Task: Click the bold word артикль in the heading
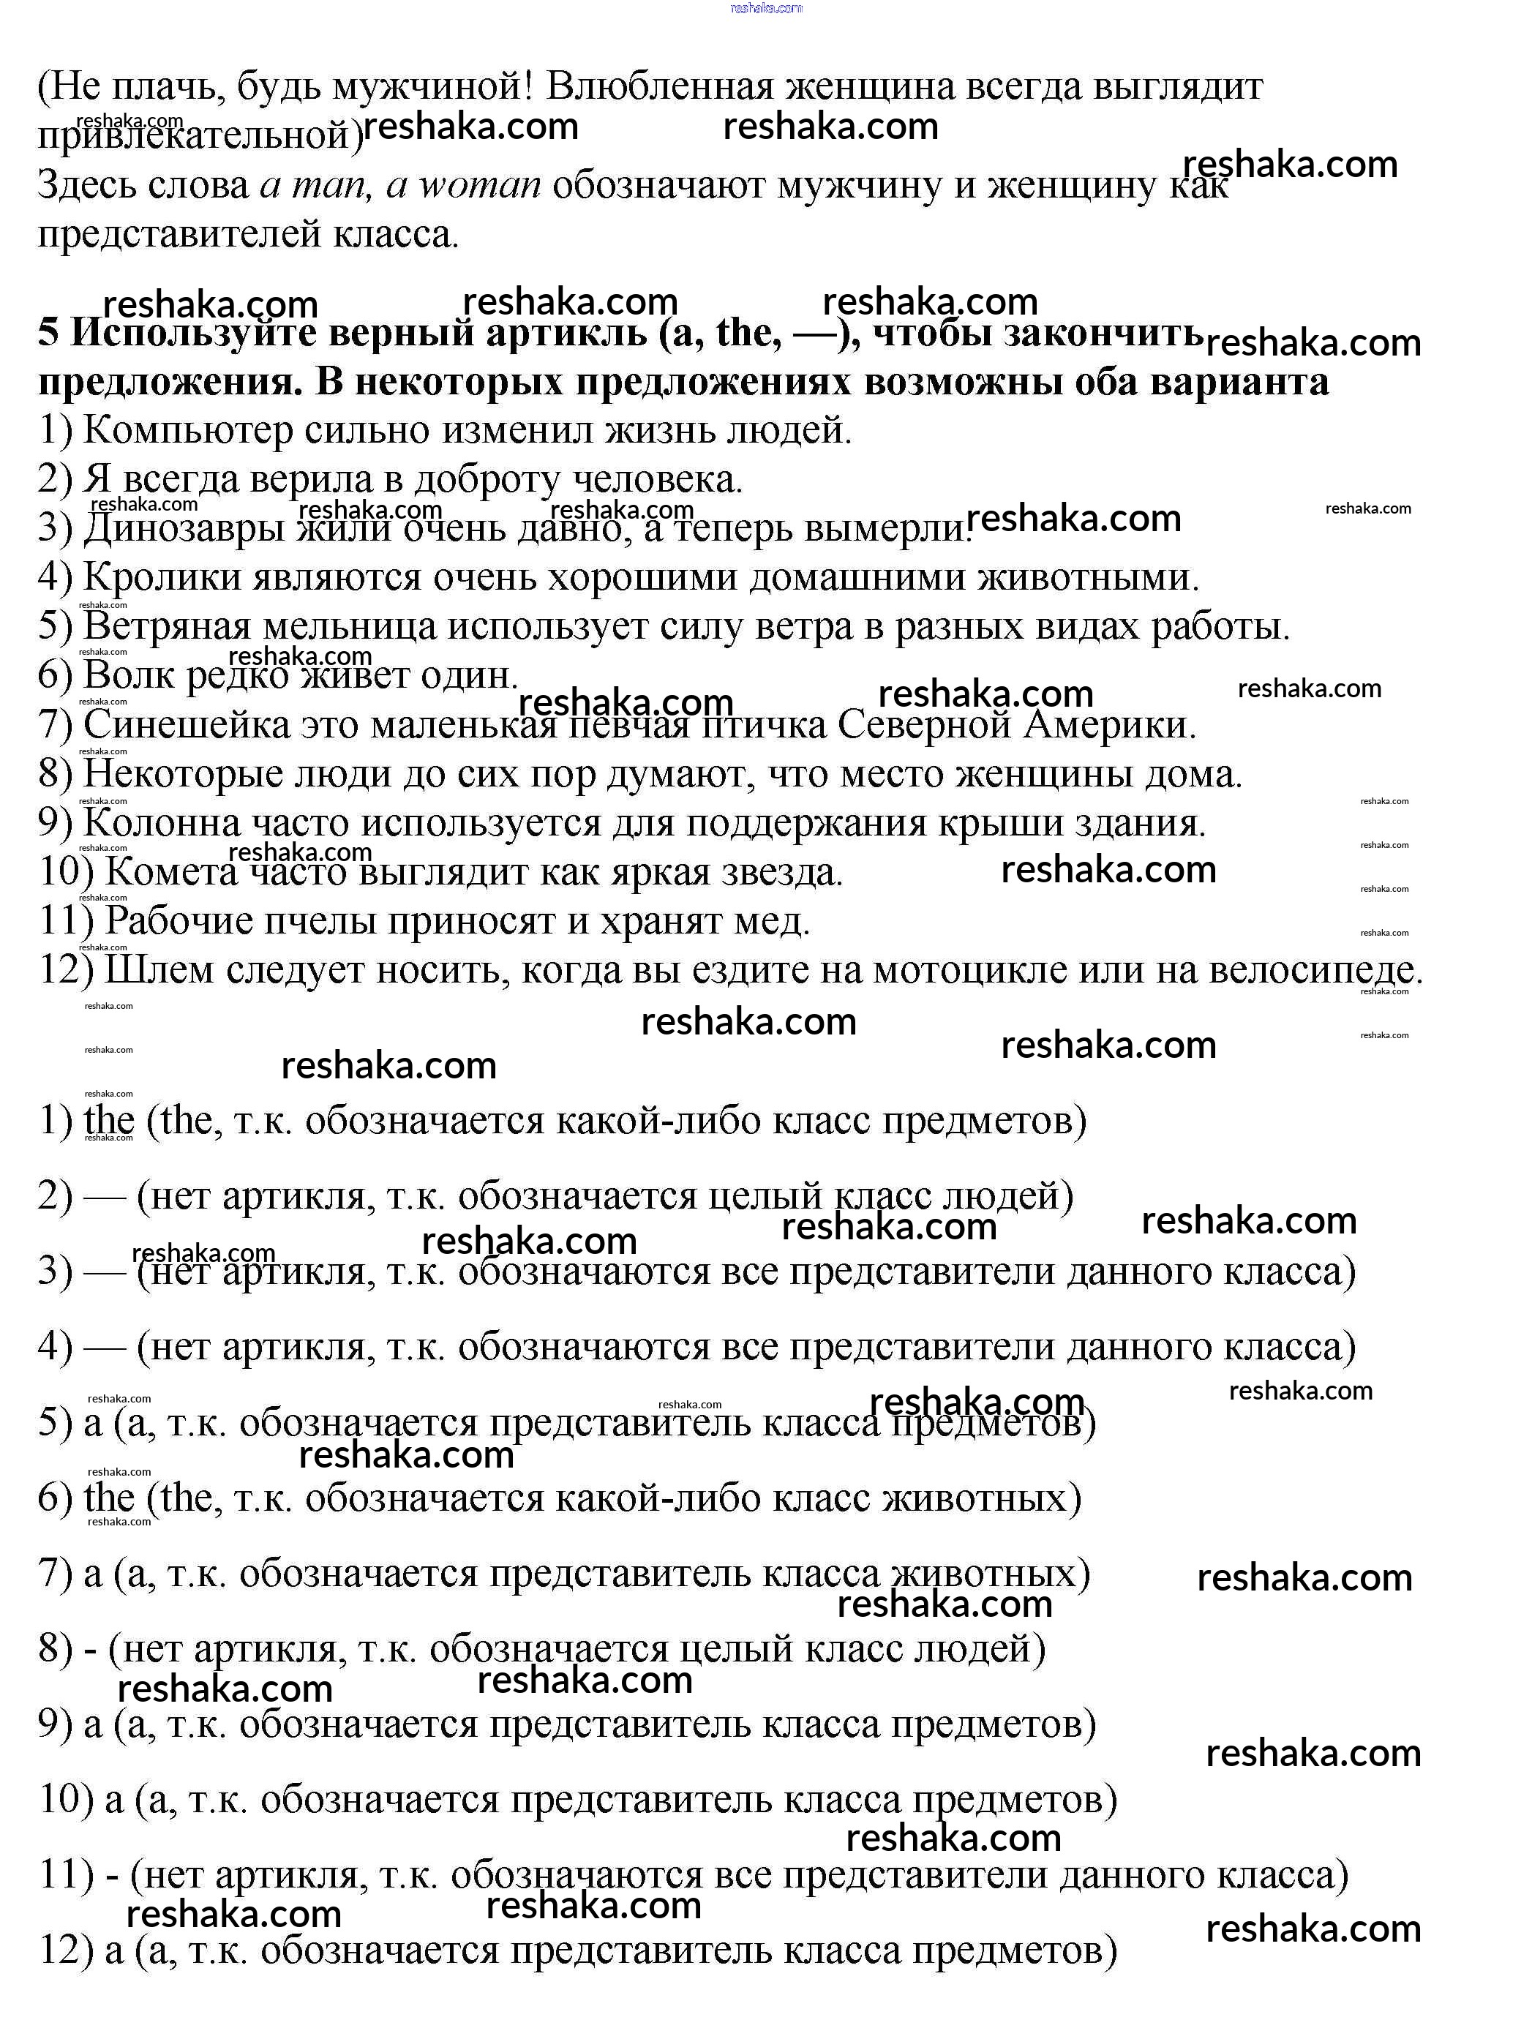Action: pos(566,333)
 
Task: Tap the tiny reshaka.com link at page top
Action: pos(765,8)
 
